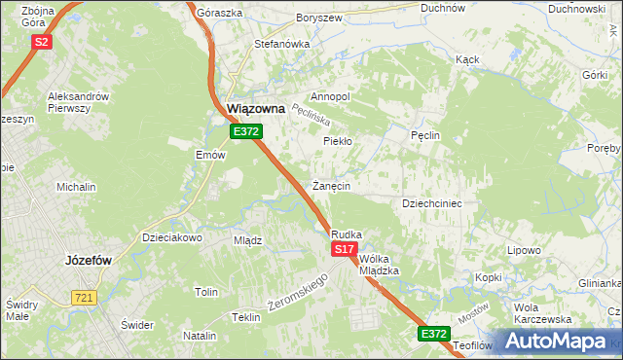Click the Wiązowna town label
pos(255,110)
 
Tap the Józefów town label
pos(91,261)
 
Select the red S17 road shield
pos(343,250)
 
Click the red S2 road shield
pos(41,42)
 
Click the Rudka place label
pos(347,234)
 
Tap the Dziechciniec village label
pos(431,203)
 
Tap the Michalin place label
pos(76,186)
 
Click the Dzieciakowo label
pos(171,236)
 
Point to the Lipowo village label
pos(524,250)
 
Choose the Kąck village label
pos(467,59)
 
